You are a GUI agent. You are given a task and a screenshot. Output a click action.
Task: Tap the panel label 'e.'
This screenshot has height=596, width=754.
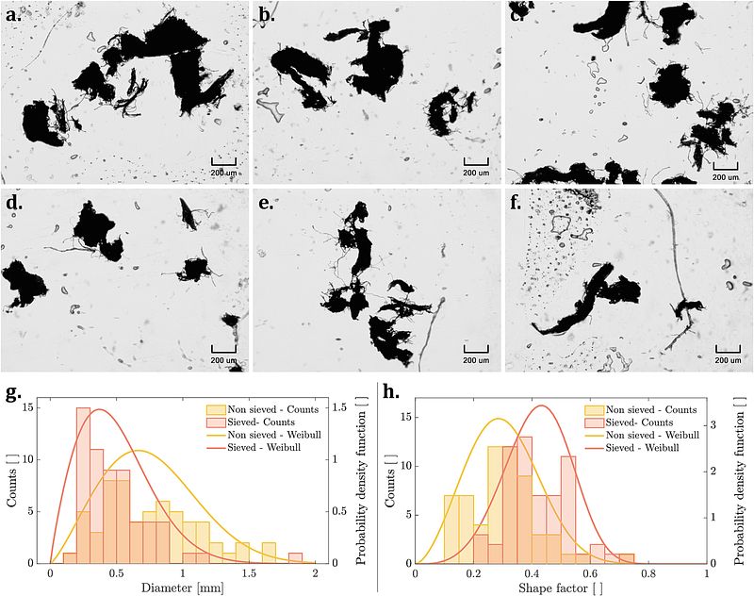coord(266,203)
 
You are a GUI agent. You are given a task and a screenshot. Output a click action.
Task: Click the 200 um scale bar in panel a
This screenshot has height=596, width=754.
coord(223,163)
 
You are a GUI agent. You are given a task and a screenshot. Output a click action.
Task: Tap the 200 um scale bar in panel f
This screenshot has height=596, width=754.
coord(729,350)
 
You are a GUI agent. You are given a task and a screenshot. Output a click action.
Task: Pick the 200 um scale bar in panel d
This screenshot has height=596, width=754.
coord(223,350)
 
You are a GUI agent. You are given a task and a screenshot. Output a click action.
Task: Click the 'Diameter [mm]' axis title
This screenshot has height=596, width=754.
coord(182,588)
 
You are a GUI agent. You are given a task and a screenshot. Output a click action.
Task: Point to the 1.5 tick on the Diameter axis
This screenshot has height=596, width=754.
coord(249,573)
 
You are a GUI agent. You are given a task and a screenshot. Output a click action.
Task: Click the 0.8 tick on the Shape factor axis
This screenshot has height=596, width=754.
coord(647,573)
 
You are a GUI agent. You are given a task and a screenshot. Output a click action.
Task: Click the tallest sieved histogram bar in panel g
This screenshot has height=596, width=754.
coord(83,485)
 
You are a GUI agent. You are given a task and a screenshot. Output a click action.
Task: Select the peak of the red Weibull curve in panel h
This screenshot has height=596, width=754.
coord(541,406)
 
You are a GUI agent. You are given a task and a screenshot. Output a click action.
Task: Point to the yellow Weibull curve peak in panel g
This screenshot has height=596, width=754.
coord(139,450)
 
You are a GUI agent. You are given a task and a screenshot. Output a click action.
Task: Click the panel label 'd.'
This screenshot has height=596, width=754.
coord(14,203)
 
